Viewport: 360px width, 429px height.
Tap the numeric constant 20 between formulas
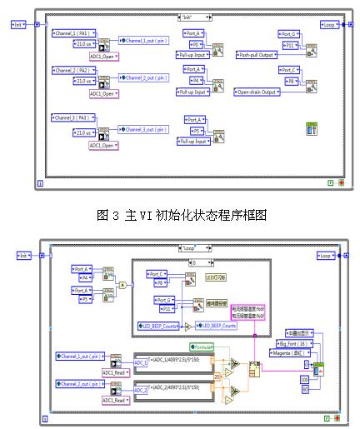(217, 376)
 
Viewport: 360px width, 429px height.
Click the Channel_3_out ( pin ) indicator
(144, 129)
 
